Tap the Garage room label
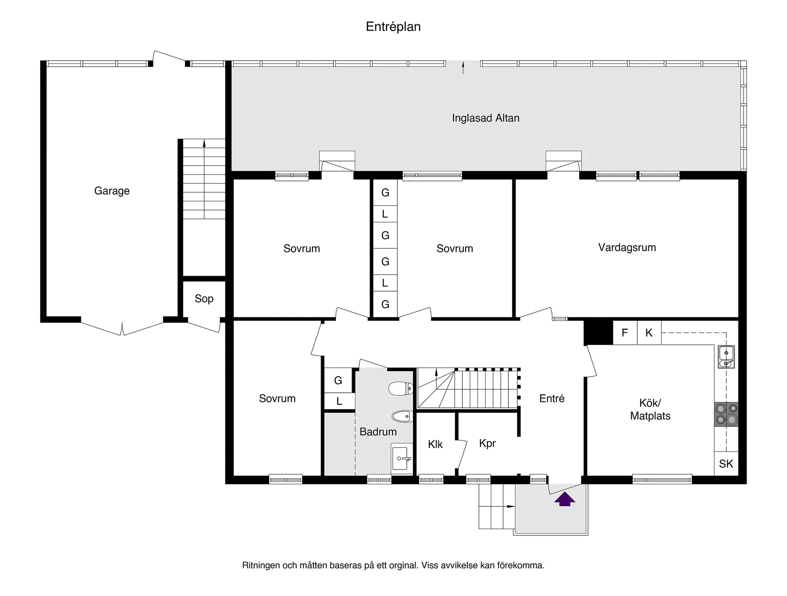112,191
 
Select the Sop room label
204,299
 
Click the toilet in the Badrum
400,389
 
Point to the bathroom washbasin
402,459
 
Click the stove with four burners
726,414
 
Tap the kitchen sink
726,357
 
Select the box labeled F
625,333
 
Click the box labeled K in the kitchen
649,333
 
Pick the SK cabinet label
726,463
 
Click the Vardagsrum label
627,247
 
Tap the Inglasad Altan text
486,118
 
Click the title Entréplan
393,27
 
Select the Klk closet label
435,444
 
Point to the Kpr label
487,443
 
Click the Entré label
552,398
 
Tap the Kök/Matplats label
650,409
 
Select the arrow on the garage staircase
204,143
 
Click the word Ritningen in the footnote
261,565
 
